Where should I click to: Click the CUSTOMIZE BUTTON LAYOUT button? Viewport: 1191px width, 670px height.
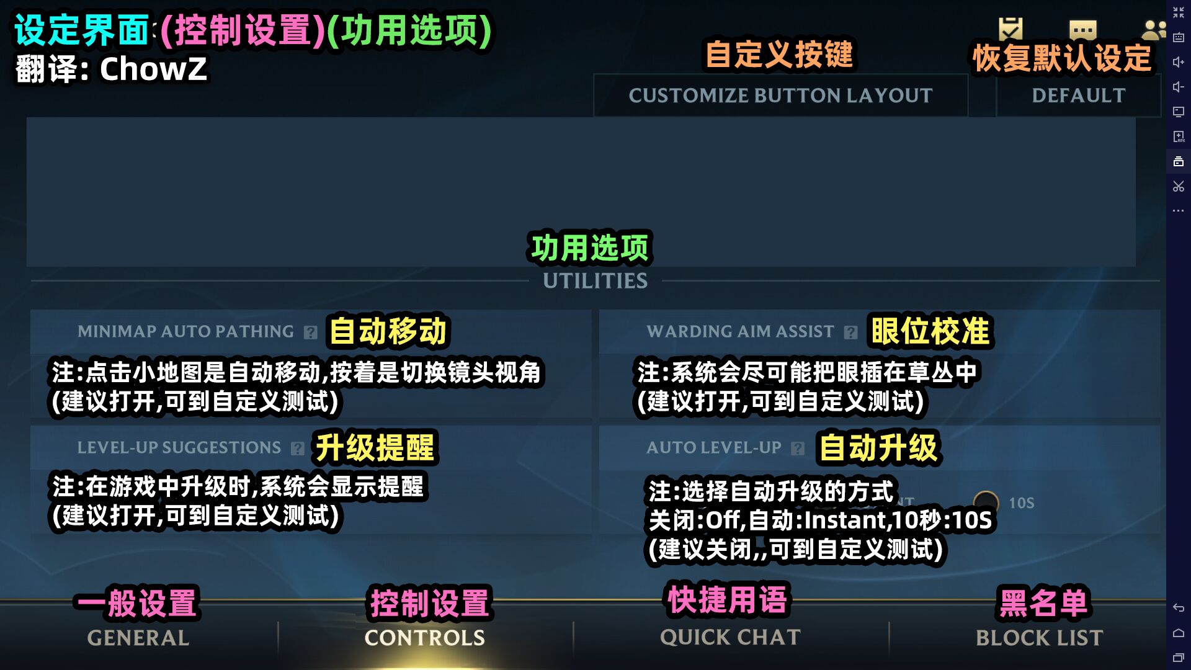[780, 96]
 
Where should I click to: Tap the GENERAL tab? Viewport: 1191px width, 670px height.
[138, 638]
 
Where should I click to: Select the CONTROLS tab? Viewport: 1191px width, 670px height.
[425, 638]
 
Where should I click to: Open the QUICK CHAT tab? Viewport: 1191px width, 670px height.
[730, 638]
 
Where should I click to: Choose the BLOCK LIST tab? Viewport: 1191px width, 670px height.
[1040, 638]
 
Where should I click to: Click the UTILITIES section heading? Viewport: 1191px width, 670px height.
[595, 281]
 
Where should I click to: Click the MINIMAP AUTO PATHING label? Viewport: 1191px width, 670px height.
[185, 331]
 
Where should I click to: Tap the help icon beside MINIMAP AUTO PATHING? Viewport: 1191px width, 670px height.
[311, 333]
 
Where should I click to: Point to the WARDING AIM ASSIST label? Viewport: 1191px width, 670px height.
[740, 331]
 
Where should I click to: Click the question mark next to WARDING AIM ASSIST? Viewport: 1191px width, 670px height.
[851, 333]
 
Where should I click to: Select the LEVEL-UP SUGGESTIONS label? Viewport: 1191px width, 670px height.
[179, 447]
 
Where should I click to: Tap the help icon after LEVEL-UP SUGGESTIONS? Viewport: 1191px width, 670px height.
[298, 449]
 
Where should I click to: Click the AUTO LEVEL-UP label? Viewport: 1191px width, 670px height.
[714, 447]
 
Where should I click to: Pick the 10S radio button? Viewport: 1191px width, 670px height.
[986, 502]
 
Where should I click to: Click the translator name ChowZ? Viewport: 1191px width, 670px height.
[153, 68]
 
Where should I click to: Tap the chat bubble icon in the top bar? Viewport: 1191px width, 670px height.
[1083, 29]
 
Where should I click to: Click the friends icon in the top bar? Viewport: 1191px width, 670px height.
[1154, 29]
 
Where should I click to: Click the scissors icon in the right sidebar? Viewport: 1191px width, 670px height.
[1179, 186]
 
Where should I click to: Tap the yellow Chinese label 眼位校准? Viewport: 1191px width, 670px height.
[930, 331]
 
